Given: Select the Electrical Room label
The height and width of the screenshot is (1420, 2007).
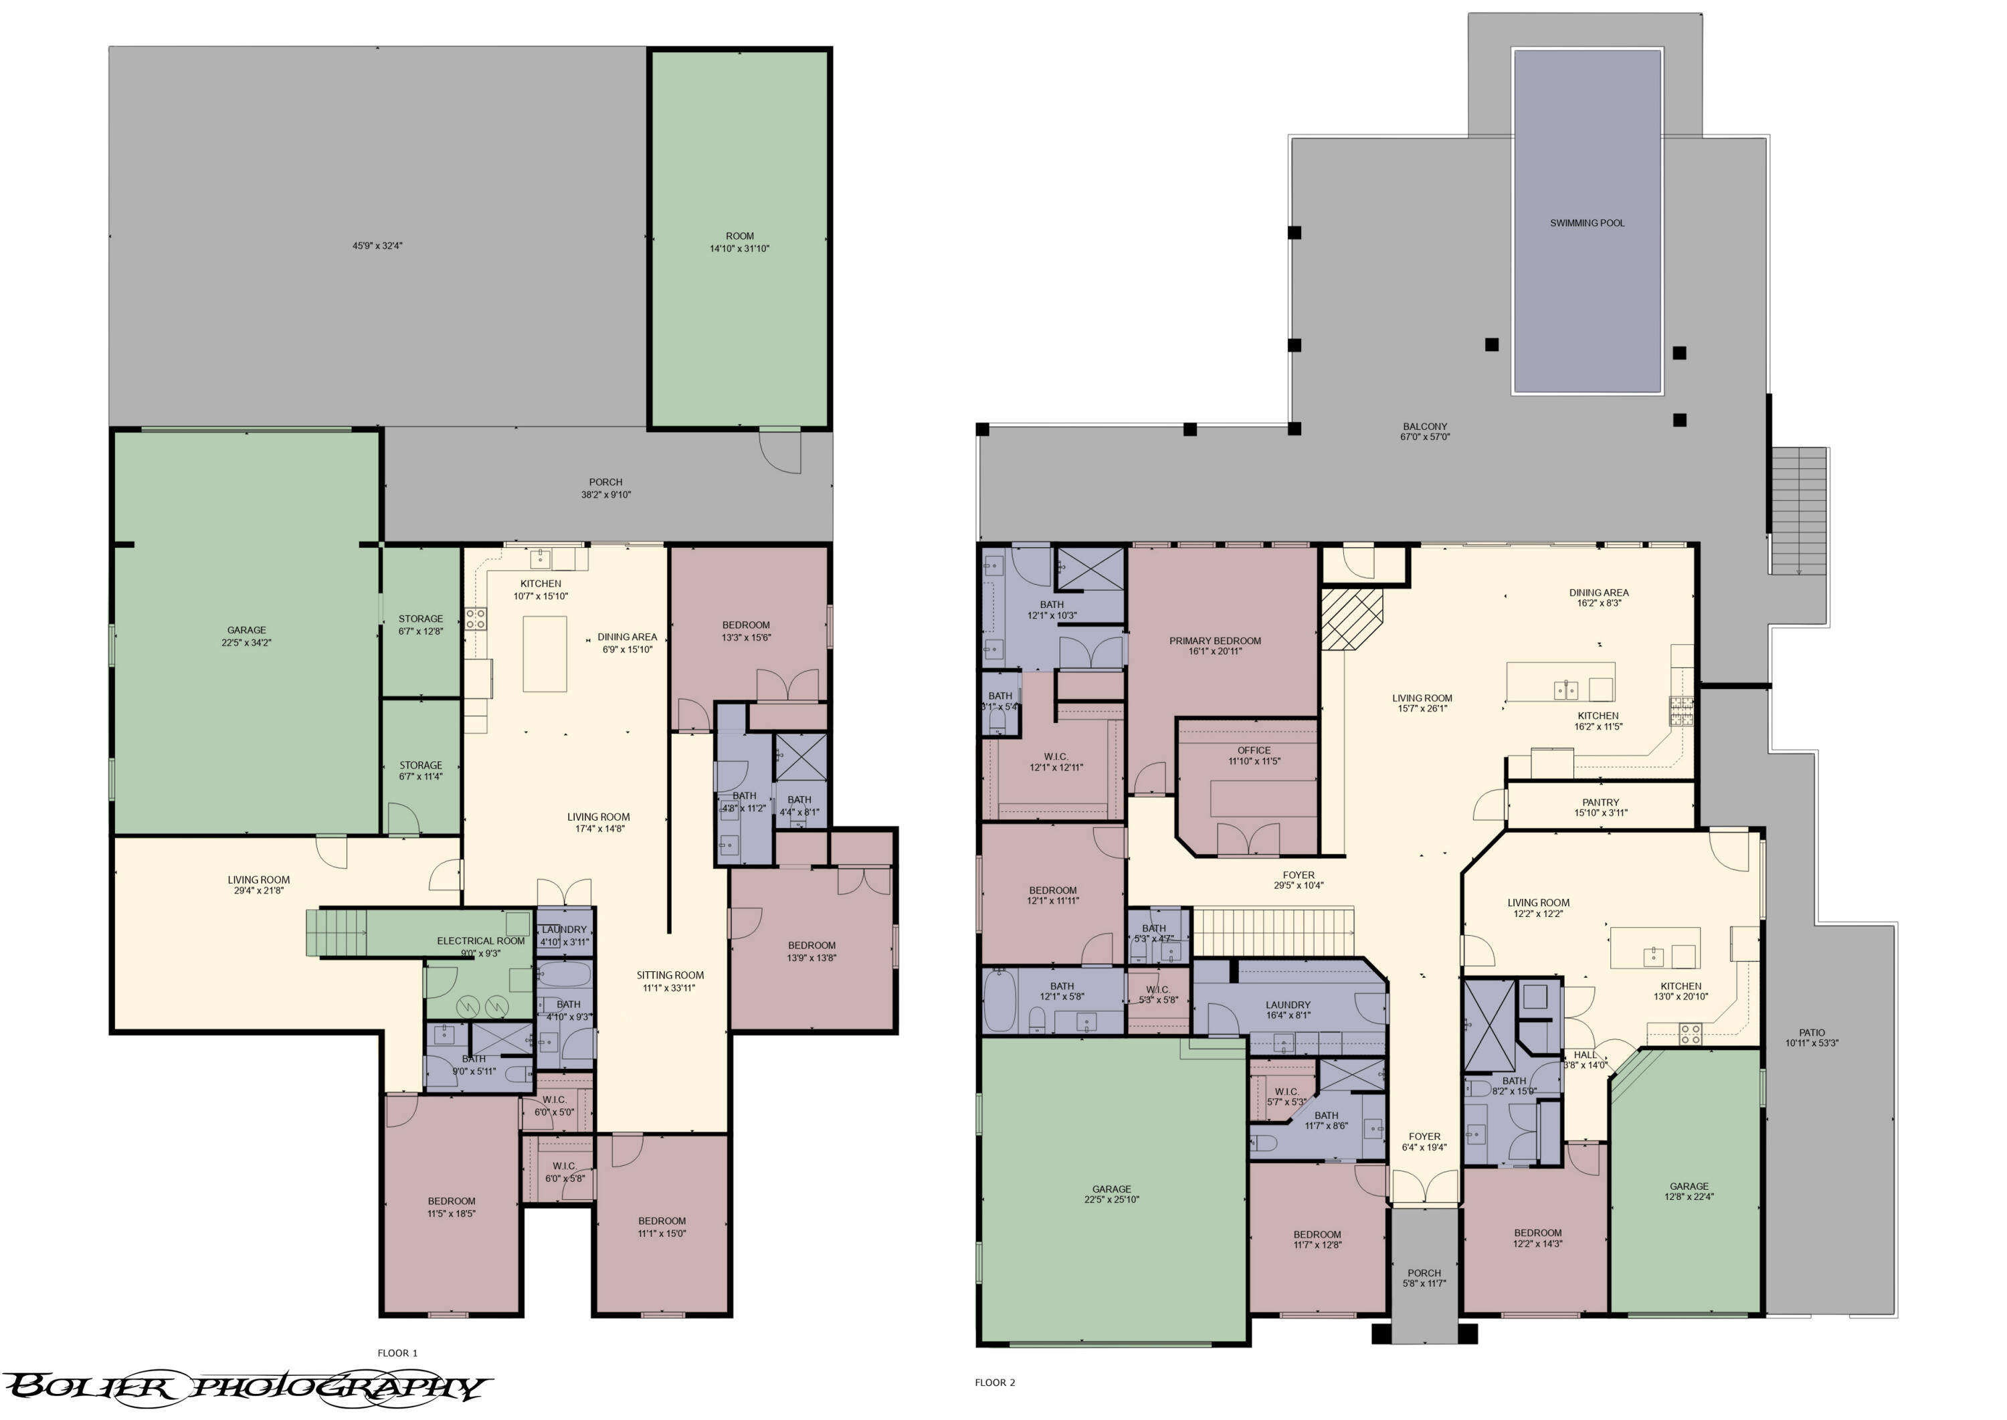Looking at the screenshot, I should [x=480, y=941].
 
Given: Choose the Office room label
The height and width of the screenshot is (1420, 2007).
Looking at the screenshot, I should [x=1253, y=750].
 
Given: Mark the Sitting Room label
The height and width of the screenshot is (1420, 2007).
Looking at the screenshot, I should [x=670, y=975].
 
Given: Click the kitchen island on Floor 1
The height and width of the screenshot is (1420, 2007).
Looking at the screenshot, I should [x=544, y=654].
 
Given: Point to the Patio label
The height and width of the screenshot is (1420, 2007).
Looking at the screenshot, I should [x=1811, y=1033].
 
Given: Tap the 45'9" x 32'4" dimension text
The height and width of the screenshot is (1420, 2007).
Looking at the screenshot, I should [x=377, y=245].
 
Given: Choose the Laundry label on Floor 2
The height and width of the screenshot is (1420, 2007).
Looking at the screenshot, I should [x=1287, y=1005].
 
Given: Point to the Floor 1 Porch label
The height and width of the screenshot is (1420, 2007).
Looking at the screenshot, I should [x=605, y=482].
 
